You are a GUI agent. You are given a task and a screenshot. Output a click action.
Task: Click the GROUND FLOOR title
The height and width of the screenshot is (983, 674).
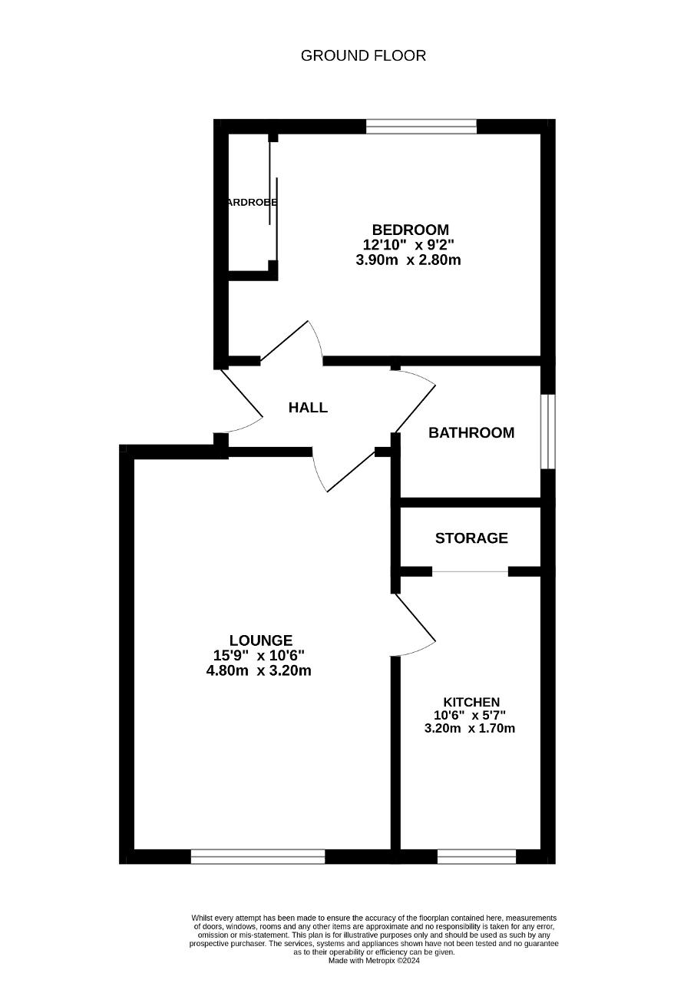coord(363,55)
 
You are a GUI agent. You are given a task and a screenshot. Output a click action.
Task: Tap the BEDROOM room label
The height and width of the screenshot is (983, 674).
coord(410,230)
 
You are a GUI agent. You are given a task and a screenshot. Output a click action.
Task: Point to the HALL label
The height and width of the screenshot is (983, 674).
coord(308,408)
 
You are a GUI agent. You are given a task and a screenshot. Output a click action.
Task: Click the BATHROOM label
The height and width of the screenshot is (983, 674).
coord(471,432)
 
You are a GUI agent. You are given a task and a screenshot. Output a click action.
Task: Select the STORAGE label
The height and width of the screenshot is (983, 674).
coord(471,538)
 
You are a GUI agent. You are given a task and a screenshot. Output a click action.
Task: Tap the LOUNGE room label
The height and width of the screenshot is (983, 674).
coord(261,640)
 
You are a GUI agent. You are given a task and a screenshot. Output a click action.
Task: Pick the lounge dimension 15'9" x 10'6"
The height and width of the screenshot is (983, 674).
coord(259,655)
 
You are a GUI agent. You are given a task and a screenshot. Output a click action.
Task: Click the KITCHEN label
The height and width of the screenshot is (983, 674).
coord(471,702)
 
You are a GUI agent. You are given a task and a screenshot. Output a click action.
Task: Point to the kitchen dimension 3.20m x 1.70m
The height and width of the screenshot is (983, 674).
coord(470,728)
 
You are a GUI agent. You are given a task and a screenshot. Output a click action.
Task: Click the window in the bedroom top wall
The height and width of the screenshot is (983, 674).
coord(421,127)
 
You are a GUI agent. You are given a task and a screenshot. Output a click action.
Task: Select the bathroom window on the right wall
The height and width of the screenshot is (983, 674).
coord(547,432)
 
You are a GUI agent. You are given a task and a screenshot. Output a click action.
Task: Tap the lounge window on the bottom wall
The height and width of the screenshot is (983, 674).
coord(258,856)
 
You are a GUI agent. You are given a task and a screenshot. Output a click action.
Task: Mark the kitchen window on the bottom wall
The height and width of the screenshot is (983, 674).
coord(477,856)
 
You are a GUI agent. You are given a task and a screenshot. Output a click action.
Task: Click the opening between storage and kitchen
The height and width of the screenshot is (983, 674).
coord(470,571)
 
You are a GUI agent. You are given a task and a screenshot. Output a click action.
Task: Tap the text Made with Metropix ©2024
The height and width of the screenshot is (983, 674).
coord(374,960)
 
